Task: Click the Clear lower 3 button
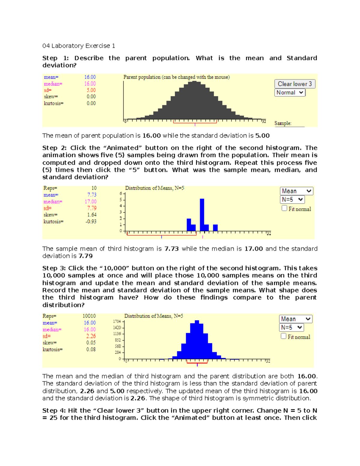(x=295, y=84)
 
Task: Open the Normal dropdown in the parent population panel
(x=290, y=93)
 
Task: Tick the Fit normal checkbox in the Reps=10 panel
(x=284, y=208)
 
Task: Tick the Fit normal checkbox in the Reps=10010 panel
(x=283, y=336)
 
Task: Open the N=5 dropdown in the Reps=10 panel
(x=292, y=200)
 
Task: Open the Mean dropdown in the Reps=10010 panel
(x=295, y=319)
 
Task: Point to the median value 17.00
(x=91, y=202)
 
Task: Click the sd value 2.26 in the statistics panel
(x=91, y=336)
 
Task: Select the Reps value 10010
(x=89, y=316)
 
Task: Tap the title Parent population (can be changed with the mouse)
(x=176, y=77)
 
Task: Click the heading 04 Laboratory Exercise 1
(x=79, y=46)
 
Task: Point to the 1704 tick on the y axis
(x=117, y=321)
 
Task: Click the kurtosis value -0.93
(x=91, y=221)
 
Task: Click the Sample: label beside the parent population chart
(x=283, y=123)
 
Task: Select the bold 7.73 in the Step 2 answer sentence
(x=172, y=249)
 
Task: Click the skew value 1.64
(x=92, y=215)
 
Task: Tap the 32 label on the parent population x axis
(x=264, y=122)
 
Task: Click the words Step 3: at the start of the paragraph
(x=54, y=268)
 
